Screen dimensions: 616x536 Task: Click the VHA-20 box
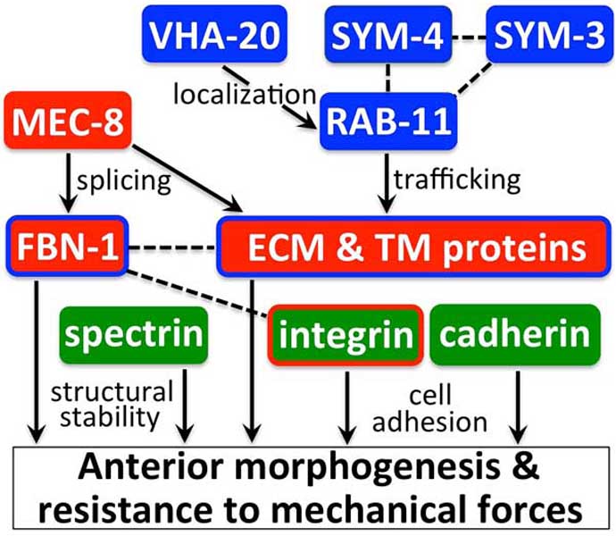(x=214, y=34)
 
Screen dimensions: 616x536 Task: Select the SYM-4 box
(x=388, y=34)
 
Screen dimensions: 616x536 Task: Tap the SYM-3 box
(x=550, y=34)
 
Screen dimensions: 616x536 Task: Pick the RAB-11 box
(x=388, y=121)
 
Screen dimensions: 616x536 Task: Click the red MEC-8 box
(x=68, y=121)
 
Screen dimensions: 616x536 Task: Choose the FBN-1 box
(x=68, y=247)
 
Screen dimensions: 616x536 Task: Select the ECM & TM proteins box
(x=413, y=247)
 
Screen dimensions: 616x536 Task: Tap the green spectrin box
(x=134, y=335)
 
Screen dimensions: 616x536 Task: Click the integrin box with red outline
(x=345, y=335)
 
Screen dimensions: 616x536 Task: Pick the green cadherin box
(x=515, y=334)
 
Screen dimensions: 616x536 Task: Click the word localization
(x=245, y=95)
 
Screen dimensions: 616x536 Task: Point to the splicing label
(x=124, y=181)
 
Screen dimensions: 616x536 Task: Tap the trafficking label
(x=457, y=180)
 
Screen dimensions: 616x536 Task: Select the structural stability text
(x=112, y=405)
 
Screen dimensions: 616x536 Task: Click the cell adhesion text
(x=429, y=409)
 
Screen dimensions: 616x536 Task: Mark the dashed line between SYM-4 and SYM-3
(x=469, y=38)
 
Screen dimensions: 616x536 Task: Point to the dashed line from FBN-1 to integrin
(x=198, y=293)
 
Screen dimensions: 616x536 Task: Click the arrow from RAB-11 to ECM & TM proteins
(x=387, y=182)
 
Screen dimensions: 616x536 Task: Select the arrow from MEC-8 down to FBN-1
(x=69, y=182)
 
